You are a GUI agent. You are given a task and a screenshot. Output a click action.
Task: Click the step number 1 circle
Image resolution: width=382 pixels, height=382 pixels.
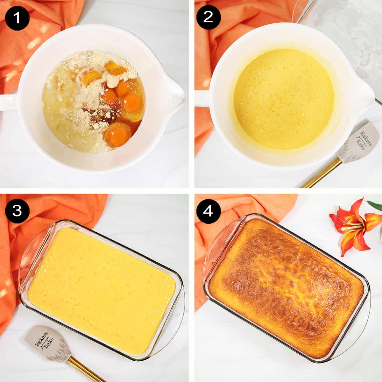point(17,17)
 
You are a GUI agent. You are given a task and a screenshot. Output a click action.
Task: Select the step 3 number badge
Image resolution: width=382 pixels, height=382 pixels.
point(17,211)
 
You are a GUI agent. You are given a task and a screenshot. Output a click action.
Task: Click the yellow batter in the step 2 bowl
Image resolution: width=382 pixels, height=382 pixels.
point(283,99)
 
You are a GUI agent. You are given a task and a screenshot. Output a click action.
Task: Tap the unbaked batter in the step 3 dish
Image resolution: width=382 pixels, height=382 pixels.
point(102,290)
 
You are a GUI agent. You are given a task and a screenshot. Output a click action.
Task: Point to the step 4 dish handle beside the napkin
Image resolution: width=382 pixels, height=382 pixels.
point(221,245)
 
